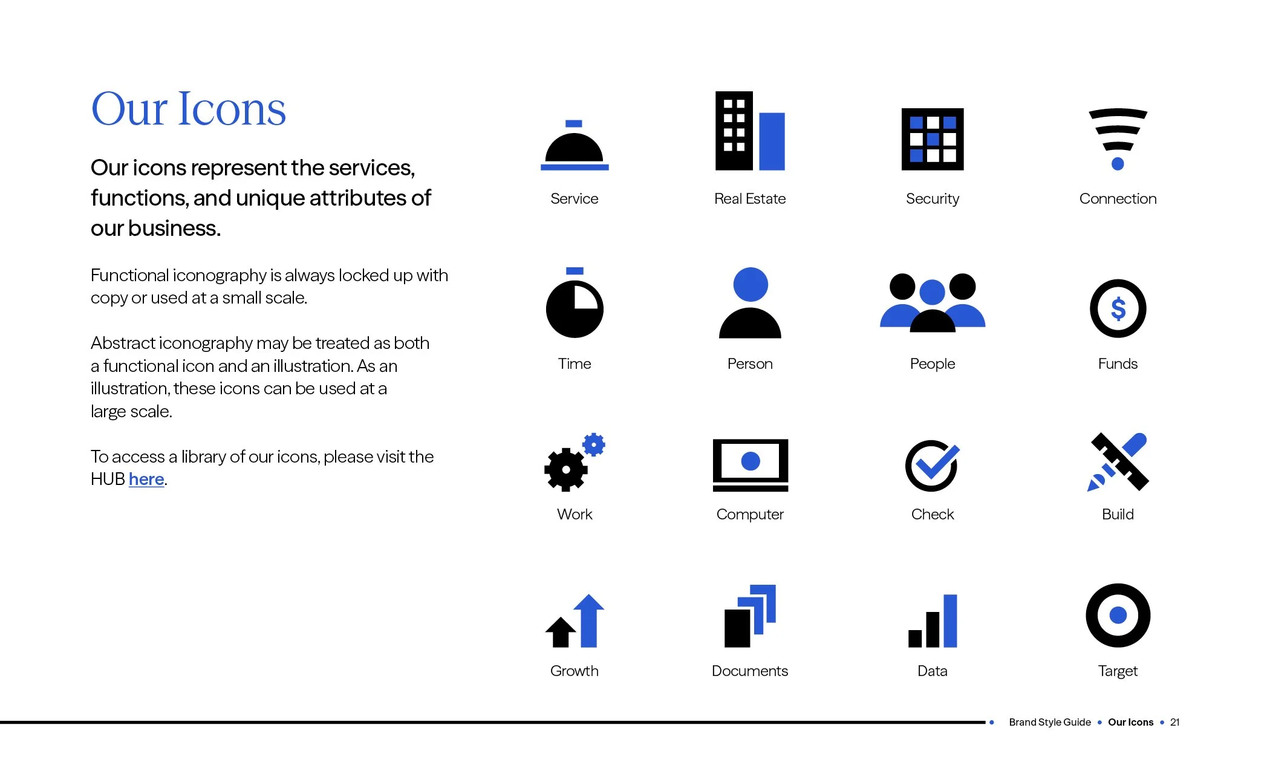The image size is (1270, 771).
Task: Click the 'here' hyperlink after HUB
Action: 146,479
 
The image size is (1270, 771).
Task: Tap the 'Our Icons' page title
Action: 188,109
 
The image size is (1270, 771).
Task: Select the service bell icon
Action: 574,149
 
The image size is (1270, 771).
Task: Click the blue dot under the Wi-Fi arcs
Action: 1118,163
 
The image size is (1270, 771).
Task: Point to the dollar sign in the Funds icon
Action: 1118,309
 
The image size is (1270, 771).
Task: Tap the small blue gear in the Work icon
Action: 594,444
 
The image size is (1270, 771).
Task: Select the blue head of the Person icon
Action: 750,284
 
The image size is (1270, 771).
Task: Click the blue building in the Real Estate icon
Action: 772,142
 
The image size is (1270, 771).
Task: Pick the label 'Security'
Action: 932,199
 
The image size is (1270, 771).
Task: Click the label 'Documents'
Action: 749,671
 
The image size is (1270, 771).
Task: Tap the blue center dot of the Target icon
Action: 1118,615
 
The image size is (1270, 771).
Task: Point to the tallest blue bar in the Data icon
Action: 950,620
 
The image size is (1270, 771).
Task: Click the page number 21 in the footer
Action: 1174,722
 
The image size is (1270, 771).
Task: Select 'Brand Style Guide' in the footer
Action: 1049,722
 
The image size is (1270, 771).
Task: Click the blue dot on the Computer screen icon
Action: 751,461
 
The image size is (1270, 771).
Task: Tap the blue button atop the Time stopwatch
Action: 575,271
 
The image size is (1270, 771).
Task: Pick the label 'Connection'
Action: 1118,199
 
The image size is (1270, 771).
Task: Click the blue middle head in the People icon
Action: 932,293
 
